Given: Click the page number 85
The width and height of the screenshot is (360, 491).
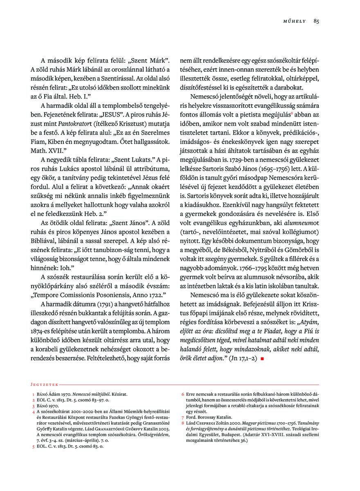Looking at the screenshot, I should pos(316,21).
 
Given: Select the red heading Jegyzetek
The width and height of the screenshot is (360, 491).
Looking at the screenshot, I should pos(43,385).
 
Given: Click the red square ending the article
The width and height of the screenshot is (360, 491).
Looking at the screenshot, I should pos(261,359).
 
